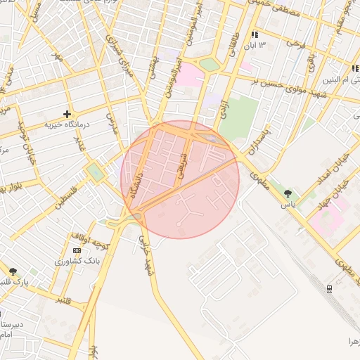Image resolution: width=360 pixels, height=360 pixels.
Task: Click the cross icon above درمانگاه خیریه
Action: (67, 114)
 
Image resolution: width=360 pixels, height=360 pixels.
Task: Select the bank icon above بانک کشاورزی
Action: (76, 250)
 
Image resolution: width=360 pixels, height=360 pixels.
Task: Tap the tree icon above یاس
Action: (287, 193)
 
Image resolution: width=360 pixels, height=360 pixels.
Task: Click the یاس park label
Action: (288, 204)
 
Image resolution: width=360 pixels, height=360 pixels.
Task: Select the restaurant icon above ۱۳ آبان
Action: (254, 34)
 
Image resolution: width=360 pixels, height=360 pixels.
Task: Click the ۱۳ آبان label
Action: (254, 45)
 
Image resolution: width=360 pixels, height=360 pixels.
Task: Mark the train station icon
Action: (329, 288)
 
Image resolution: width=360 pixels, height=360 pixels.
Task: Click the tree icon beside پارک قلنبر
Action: (12, 271)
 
